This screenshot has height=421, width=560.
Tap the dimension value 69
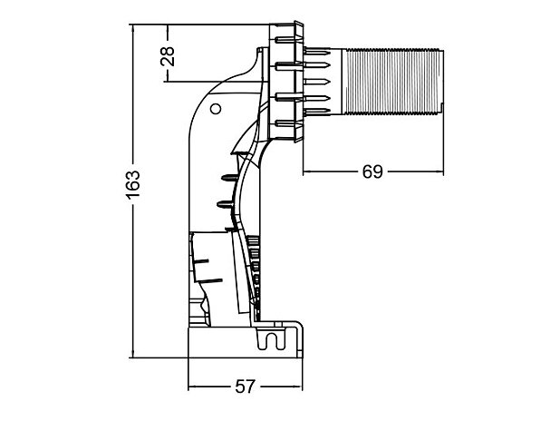pyautogui.click(x=372, y=170)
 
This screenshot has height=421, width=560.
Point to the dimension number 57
pyautogui.click(x=245, y=387)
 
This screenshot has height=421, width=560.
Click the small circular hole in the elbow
pyautogui.click(x=215, y=110)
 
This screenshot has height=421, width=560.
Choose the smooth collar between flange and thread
pyautogui.click(x=330, y=82)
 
